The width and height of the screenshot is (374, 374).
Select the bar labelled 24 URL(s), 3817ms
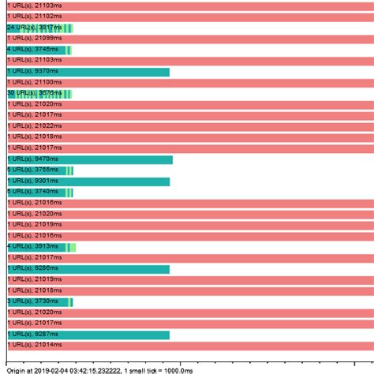coord(39,28)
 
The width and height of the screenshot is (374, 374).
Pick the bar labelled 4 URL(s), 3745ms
coord(39,50)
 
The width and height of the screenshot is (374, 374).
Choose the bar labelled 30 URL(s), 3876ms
coord(39,93)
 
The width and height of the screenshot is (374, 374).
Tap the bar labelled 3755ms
coord(40,170)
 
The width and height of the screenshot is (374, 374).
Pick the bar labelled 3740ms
coord(40,192)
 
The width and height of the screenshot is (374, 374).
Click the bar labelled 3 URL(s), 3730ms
coord(40,301)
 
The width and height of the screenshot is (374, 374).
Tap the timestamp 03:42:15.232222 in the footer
coord(94,369)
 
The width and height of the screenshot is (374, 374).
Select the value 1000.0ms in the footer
coord(175,369)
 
